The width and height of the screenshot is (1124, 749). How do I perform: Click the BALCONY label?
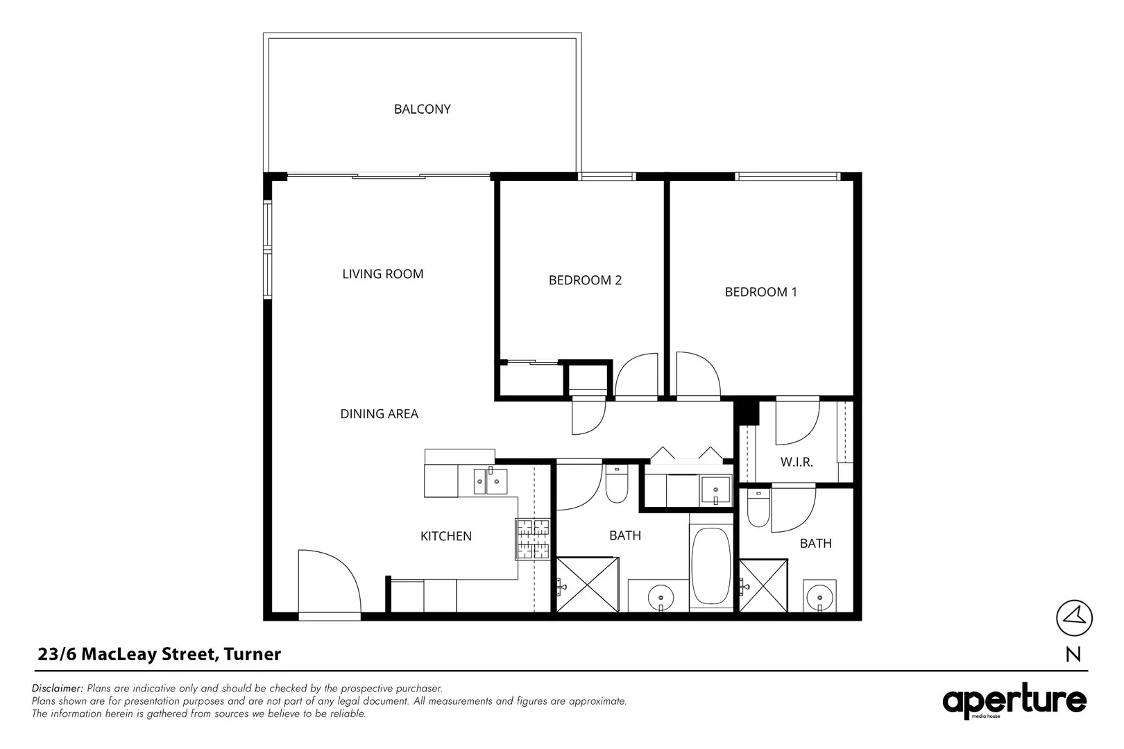pos(422,109)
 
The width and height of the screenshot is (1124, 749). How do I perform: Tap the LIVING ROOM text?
pos(383,274)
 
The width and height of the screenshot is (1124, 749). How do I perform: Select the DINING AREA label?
pos(380,414)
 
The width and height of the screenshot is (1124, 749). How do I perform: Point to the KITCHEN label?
pos(446,536)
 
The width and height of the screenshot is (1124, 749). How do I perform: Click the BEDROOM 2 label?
pos(585,280)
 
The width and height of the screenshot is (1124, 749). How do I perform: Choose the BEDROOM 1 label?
pos(760,292)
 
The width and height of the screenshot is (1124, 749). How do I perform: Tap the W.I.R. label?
pos(797,462)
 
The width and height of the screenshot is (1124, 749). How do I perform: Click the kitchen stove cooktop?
pos(533,540)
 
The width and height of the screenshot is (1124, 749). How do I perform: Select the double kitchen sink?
pos(491,481)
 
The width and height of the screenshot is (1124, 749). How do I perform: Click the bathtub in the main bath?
pos(710,567)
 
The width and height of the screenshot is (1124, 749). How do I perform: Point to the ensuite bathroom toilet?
pos(758,507)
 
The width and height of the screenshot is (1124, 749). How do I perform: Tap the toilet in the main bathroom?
pos(616,483)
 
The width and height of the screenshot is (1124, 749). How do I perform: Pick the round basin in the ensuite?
pos(820,598)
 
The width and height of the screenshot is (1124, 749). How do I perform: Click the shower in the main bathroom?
pos(588,585)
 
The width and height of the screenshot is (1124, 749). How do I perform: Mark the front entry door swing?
pos(329,581)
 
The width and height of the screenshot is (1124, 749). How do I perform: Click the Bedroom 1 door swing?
pos(698,374)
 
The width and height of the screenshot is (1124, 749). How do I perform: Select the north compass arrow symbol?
pos(1074,618)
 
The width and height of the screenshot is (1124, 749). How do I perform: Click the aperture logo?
pos(1014,700)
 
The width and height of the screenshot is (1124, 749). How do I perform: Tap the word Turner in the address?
pos(253,654)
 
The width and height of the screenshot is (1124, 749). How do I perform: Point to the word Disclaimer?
pos(57,688)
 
